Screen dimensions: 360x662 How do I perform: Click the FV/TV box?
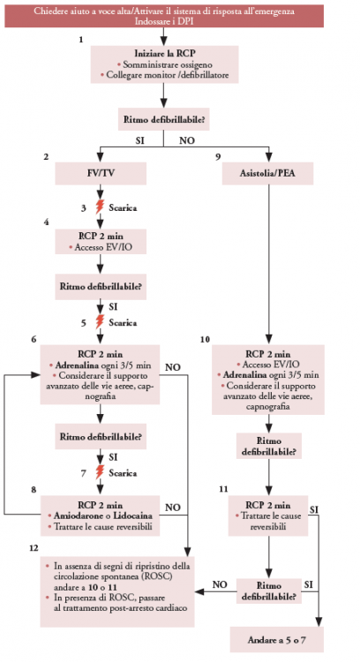coord(101,173)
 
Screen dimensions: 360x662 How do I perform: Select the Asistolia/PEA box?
coord(268,173)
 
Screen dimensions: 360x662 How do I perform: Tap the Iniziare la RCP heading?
coord(165,54)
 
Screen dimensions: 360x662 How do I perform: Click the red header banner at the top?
coord(164,16)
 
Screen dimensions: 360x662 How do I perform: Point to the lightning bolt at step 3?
coord(100,207)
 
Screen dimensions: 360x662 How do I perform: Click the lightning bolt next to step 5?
coord(100,322)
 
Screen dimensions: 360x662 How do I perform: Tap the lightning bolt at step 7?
coord(100,472)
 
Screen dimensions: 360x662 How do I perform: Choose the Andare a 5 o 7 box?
coord(277,640)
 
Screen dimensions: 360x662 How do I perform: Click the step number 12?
coord(34,548)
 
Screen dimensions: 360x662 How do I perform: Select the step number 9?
coord(218,157)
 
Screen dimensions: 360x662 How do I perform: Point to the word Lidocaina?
coord(132,516)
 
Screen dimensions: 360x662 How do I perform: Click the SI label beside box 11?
coord(313,509)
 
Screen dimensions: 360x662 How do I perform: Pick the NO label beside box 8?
coord(173,507)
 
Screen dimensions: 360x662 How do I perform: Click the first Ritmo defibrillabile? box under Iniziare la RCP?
coord(164,119)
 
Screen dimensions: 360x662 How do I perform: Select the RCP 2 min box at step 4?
coord(101,242)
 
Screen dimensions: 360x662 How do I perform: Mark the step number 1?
coord(80,40)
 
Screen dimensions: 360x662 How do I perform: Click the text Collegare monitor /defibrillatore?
coord(168,75)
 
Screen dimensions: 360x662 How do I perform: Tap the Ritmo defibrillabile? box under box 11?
coord(268,591)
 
